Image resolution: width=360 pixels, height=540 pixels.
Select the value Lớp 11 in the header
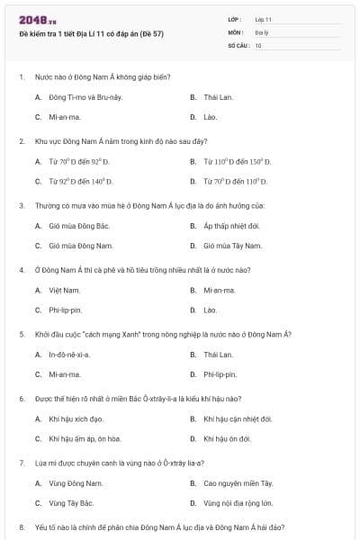pos(263,19)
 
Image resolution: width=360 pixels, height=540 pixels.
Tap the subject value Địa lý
pos(261,31)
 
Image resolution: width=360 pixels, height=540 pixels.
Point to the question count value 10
pos(258,44)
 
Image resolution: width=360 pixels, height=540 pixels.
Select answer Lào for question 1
pos(210,117)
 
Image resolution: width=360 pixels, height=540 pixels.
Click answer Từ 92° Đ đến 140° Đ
pos(80,181)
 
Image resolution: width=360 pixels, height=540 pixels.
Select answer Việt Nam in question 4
pos(65,290)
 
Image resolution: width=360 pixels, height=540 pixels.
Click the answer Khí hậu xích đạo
pos(76,418)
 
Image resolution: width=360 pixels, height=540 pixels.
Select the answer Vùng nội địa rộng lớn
pos(238,503)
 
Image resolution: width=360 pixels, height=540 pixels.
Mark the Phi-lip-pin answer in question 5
pos(220,374)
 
